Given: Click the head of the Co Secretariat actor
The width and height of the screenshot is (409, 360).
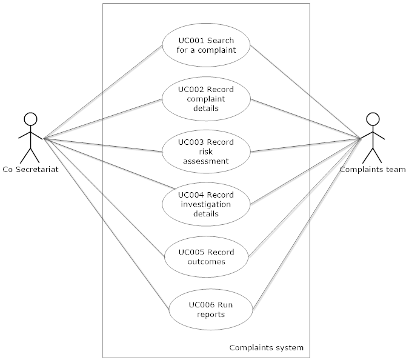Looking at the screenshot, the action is (x=30, y=119).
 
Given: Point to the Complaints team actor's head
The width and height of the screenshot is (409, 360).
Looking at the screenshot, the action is (x=373, y=119).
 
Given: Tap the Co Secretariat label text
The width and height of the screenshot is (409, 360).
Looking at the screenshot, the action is (x=30, y=170).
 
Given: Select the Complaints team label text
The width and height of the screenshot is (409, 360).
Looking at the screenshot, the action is (x=373, y=170).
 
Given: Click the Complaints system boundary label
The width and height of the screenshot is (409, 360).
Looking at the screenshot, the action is (x=267, y=348).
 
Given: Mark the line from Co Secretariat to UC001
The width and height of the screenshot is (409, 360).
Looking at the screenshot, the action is (x=103, y=92).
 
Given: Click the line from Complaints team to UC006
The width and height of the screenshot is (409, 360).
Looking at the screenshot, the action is (x=307, y=224).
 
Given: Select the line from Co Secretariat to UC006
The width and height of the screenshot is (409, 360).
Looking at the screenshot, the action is (x=107, y=224).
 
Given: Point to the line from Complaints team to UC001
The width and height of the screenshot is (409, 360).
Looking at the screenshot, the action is (x=306, y=92).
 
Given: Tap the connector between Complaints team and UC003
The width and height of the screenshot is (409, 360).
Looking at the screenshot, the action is (x=306, y=145).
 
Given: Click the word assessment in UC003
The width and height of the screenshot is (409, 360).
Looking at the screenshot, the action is (x=206, y=161).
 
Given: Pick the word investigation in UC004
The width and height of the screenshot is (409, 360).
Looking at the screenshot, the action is (x=206, y=204).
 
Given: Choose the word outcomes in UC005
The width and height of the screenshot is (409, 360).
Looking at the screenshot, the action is (x=207, y=262).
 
